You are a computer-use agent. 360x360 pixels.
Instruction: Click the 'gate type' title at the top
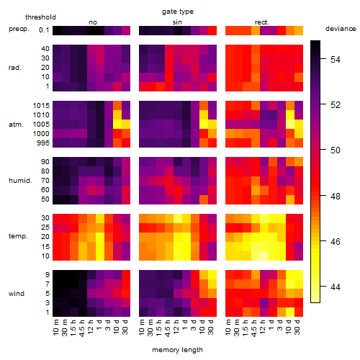click(178, 12)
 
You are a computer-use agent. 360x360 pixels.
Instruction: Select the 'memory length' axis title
click(177, 350)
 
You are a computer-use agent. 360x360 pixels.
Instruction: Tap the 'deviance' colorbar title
click(341, 29)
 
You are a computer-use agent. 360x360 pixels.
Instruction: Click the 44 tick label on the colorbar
click(336, 287)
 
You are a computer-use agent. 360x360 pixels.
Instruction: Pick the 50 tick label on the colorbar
click(336, 150)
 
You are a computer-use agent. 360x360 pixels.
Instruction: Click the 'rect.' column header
click(261, 22)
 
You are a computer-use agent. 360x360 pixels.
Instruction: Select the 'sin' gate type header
click(177, 22)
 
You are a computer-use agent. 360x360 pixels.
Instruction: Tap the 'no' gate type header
click(93, 22)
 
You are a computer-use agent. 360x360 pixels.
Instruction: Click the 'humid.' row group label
click(20, 181)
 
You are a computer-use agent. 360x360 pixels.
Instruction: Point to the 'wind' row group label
click(17, 294)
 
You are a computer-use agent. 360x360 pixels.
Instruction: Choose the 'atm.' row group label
click(16, 125)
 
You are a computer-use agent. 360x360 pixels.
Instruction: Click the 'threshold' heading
click(40, 17)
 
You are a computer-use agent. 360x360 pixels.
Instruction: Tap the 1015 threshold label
click(41, 105)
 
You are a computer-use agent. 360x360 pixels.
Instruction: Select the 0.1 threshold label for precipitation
click(44, 30)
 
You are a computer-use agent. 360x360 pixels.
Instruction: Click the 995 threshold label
click(43, 143)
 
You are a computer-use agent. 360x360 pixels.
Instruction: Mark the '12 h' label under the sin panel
click(176, 327)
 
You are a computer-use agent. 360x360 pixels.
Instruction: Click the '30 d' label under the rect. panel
click(297, 327)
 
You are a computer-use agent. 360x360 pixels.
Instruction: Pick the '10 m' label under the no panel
click(55, 328)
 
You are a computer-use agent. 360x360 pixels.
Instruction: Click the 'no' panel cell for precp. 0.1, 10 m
click(57, 31)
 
